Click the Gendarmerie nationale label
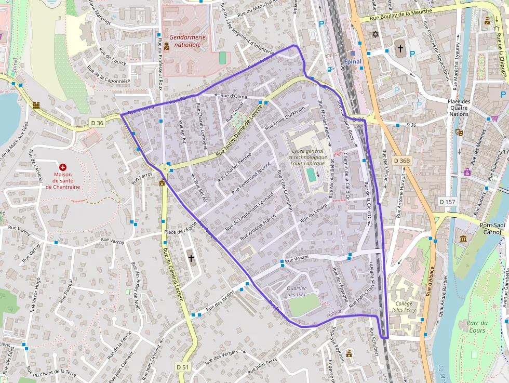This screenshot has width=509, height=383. [187, 41]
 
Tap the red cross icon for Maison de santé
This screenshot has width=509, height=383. [63, 167]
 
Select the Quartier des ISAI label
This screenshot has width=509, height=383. [297, 292]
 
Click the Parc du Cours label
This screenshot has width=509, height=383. [476, 326]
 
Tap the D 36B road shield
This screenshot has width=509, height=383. [402, 161]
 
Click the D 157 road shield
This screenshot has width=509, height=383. [447, 201]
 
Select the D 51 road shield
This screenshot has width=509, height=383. [183, 367]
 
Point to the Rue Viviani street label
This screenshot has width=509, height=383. [297, 258]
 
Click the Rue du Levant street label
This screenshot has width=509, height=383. [314, 212]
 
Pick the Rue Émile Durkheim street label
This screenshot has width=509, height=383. [284, 117]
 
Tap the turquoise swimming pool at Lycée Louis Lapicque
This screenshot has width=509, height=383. [311, 175]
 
